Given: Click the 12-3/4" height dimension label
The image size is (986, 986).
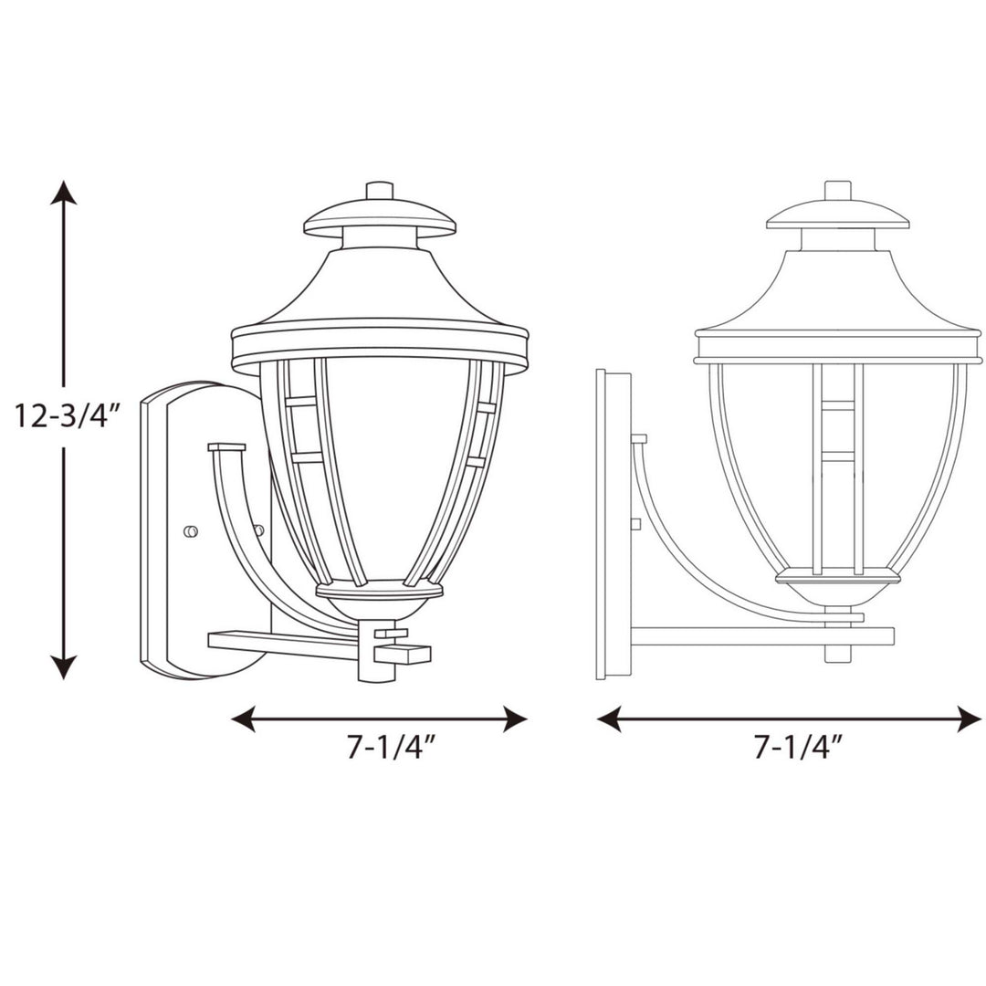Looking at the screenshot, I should point(68,416).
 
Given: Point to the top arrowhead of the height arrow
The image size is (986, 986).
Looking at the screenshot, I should point(63,193).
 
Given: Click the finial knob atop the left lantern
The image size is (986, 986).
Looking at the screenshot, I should point(379,190).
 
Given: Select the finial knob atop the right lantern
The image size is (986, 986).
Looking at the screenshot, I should point(837,190).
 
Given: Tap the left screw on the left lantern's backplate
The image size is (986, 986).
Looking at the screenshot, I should point(191,531).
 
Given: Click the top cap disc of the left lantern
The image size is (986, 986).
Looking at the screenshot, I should point(379,219).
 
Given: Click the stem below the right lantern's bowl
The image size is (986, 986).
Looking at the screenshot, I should point(837,644).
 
